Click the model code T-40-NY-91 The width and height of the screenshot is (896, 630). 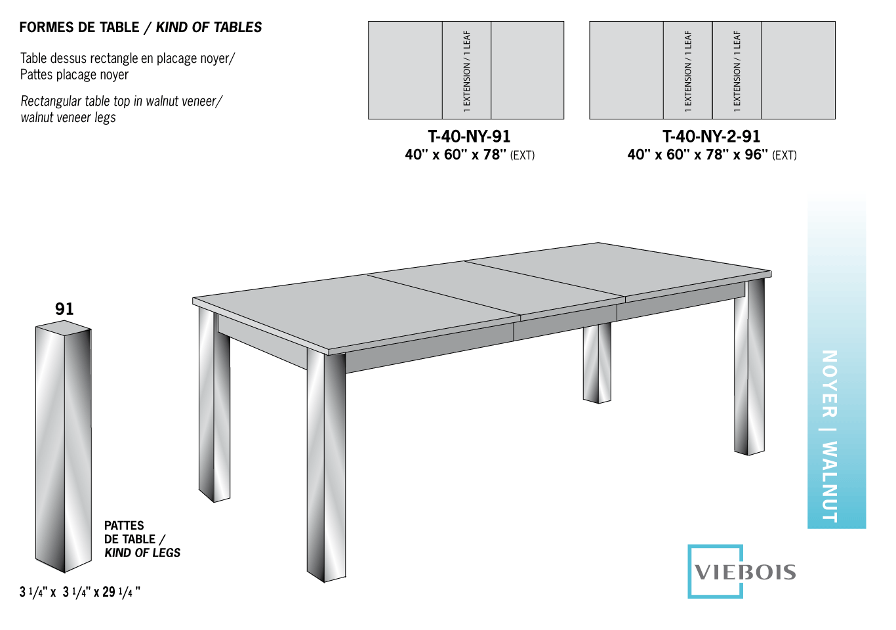pyautogui.click(x=469, y=136)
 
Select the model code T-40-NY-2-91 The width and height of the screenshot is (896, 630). pyautogui.click(x=711, y=136)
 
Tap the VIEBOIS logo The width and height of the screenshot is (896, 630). pyautogui.click(x=744, y=572)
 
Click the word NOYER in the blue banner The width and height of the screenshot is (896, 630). pyautogui.click(x=829, y=383)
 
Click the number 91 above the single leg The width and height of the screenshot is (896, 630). pyautogui.click(x=64, y=309)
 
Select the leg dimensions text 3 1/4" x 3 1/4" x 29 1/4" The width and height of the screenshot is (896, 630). pyautogui.click(x=80, y=592)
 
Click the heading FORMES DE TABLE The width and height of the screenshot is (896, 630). pyautogui.click(x=79, y=28)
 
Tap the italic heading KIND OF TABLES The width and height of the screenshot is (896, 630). pyautogui.click(x=209, y=28)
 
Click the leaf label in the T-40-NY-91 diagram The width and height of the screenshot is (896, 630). pyautogui.click(x=466, y=70)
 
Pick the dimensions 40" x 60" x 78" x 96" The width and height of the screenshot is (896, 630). pyautogui.click(x=697, y=155)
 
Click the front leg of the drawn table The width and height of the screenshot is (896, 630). pyautogui.click(x=326, y=466)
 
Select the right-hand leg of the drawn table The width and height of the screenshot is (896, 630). pyautogui.click(x=749, y=367)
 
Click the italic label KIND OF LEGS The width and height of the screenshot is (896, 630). pyautogui.click(x=142, y=553)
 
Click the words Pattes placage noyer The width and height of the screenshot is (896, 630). pyautogui.click(x=74, y=75)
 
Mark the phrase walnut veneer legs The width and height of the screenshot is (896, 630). pyautogui.click(x=68, y=117)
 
